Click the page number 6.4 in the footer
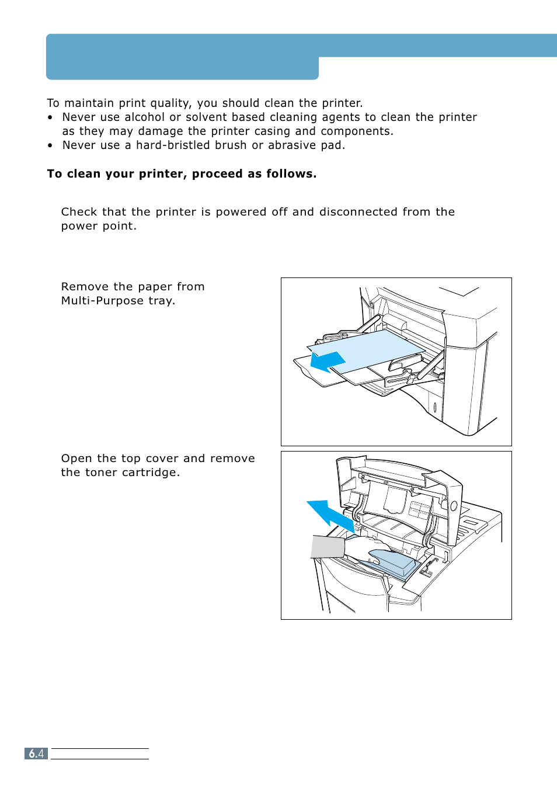[x=36, y=754]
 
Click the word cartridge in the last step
[x=151, y=473]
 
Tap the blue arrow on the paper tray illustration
[x=327, y=362]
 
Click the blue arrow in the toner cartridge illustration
[x=330, y=515]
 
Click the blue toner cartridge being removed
[x=392, y=561]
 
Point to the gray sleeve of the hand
[x=328, y=547]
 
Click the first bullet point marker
[x=50, y=117]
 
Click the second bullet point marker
[x=50, y=145]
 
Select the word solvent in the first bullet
[x=206, y=117]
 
